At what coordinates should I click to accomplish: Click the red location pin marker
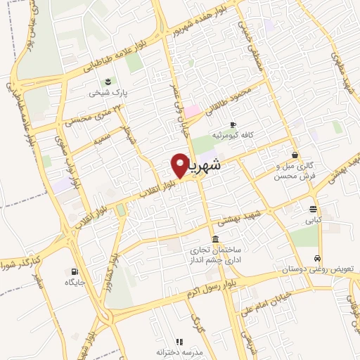tap(179, 165)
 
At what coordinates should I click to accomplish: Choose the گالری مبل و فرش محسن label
tap(294, 170)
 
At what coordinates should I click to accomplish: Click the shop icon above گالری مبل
tap(294, 155)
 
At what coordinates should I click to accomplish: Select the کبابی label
tap(313, 219)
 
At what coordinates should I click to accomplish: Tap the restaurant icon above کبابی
tap(313, 208)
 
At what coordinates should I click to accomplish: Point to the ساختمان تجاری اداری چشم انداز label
tap(213, 255)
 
